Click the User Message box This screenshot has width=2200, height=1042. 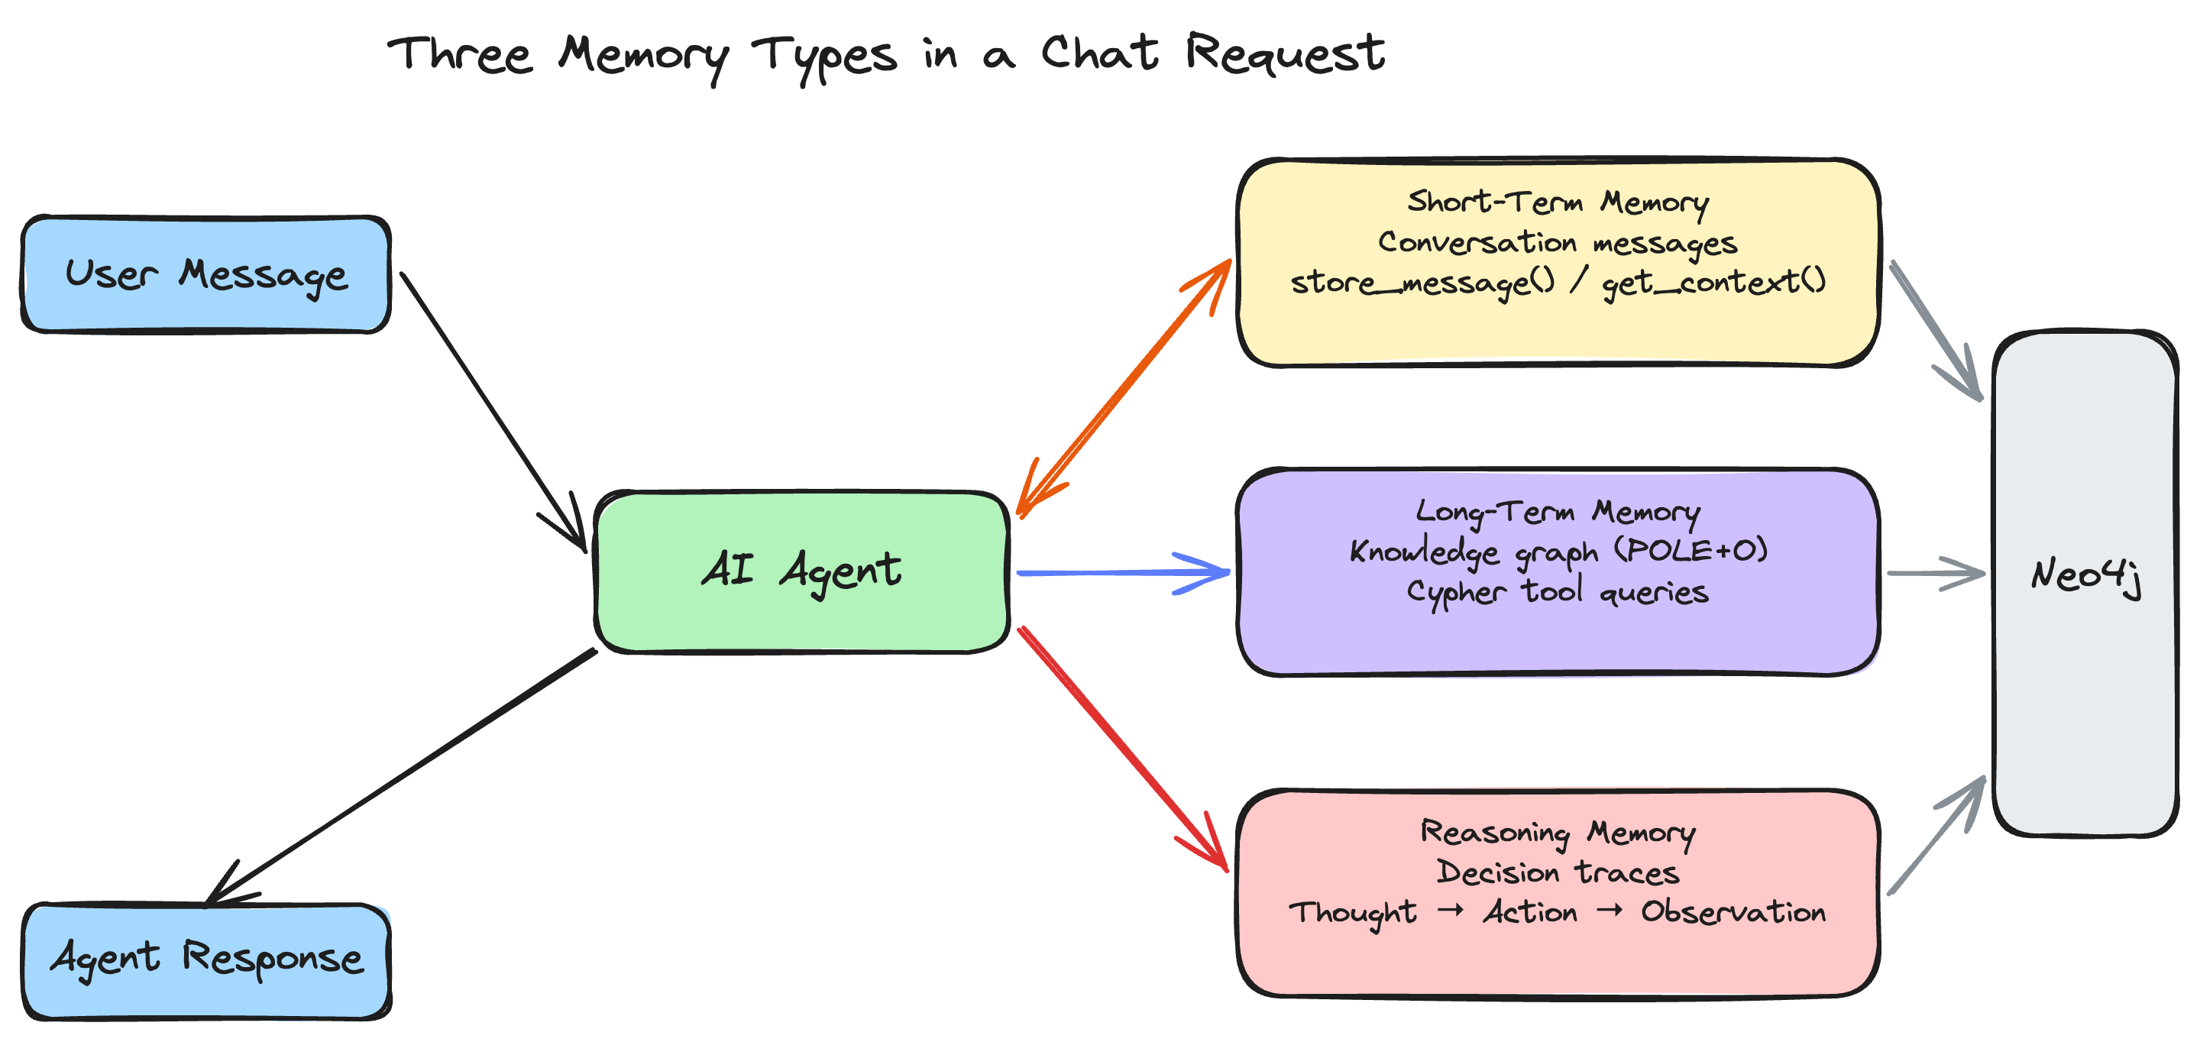click(205, 274)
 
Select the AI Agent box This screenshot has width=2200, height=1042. click(801, 571)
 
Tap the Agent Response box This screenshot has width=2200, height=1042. click(205, 959)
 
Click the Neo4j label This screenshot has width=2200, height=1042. click(2085, 576)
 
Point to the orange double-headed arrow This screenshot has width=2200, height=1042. click(1124, 389)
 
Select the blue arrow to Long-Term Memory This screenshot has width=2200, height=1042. click(1123, 572)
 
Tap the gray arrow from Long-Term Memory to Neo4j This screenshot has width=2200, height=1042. click(1935, 573)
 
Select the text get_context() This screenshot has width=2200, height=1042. click(1713, 283)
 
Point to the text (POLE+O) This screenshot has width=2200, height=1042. click(1690, 551)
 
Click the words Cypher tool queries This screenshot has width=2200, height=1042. click(1557, 592)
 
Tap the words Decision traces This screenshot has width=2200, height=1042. click(1557, 873)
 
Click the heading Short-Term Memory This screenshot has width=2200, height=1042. click(1557, 202)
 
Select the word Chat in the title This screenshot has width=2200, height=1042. click(1099, 53)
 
